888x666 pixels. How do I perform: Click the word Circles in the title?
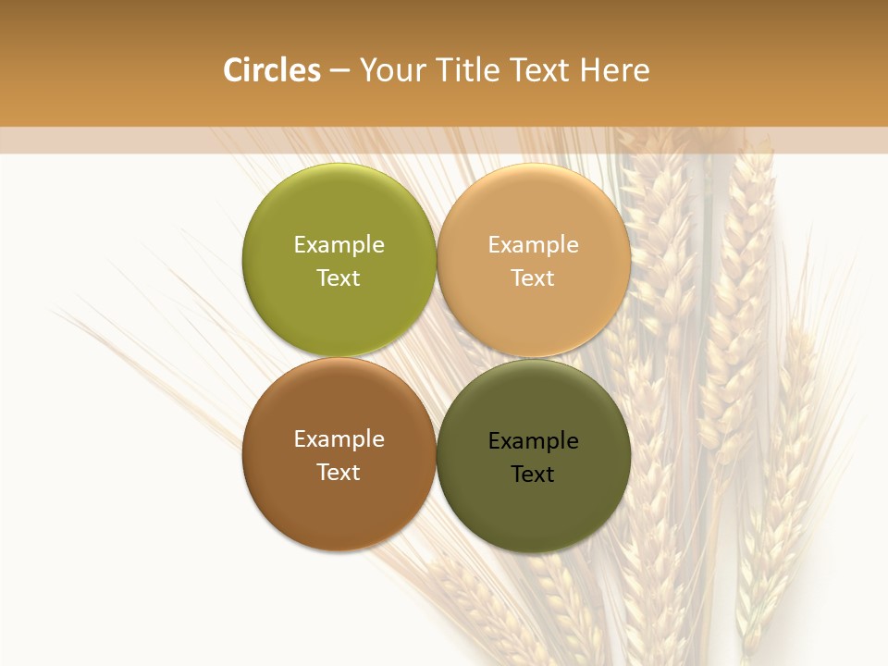point(272,70)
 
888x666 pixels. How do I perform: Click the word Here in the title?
point(614,70)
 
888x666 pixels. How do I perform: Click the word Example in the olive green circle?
point(339,245)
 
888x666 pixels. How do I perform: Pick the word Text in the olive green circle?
point(339,278)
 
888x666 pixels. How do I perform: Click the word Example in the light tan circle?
point(533,245)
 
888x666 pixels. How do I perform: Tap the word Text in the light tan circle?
point(533,278)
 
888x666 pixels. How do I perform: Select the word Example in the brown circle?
point(339,439)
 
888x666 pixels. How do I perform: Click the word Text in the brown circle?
point(339,473)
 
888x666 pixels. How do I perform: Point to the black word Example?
point(533,441)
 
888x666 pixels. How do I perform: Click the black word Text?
point(533,475)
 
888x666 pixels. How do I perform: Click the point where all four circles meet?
point(437,357)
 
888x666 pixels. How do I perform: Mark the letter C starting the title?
point(233,70)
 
